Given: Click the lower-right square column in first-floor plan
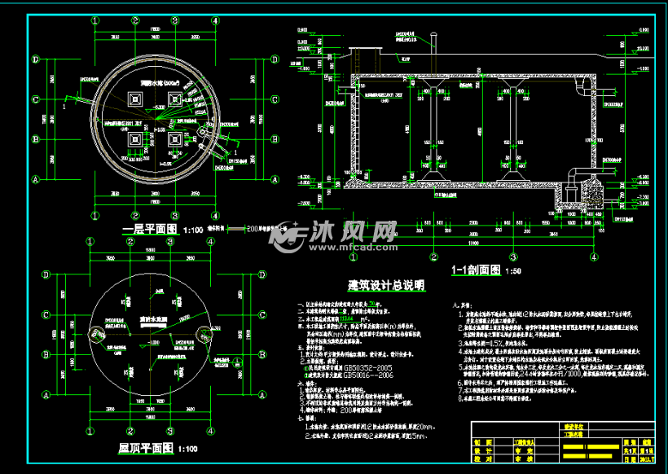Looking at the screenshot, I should coord(174,138).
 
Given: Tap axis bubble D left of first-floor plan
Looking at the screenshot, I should coord(35,59).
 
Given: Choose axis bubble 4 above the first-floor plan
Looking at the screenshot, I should coord(215,20).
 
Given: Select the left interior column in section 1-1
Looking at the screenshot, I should coord(428,130).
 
